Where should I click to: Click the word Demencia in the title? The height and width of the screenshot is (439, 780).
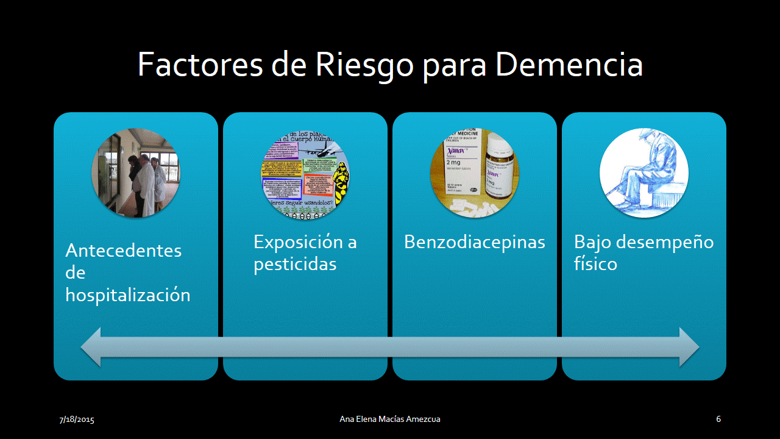(x=569, y=65)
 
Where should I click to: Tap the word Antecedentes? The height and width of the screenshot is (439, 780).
(x=124, y=251)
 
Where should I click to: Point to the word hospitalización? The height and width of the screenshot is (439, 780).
(x=128, y=295)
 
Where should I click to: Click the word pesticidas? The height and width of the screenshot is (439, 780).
(x=295, y=265)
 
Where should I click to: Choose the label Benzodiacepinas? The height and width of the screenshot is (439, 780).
(x=474, y=242)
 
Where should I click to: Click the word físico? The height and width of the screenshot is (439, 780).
(x=595, y=265)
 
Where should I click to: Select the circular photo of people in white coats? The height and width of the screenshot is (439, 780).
(x=136, y=173)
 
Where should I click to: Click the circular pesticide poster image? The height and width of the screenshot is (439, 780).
(x=305, y=173)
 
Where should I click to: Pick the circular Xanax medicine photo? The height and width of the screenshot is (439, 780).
(x=475, y=173)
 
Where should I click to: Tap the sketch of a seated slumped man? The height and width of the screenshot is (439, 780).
(x=644, y=173)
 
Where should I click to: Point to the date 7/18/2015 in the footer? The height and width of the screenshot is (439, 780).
(x=77, y=419)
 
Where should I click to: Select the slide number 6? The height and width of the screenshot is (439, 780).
(x=718, y=419)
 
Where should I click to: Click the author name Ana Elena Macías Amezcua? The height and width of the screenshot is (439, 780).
(x=390, y=419)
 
